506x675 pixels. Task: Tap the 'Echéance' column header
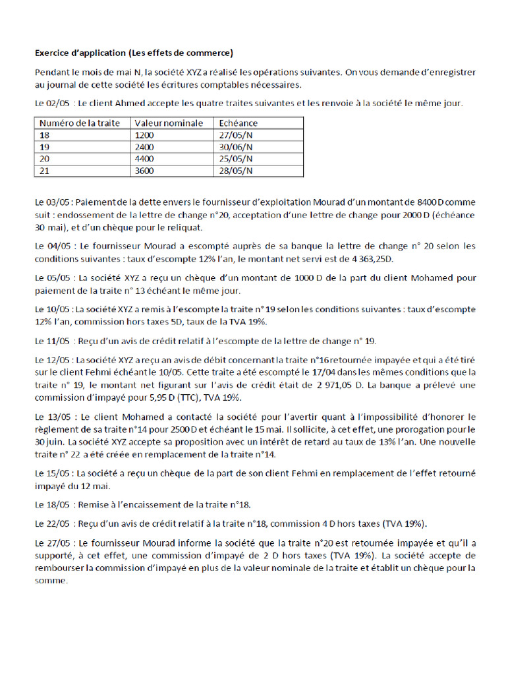[237, 123]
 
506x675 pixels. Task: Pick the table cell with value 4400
[144, 159]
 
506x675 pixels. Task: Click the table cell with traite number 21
[45, 171]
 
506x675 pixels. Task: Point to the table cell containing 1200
[144, 135]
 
